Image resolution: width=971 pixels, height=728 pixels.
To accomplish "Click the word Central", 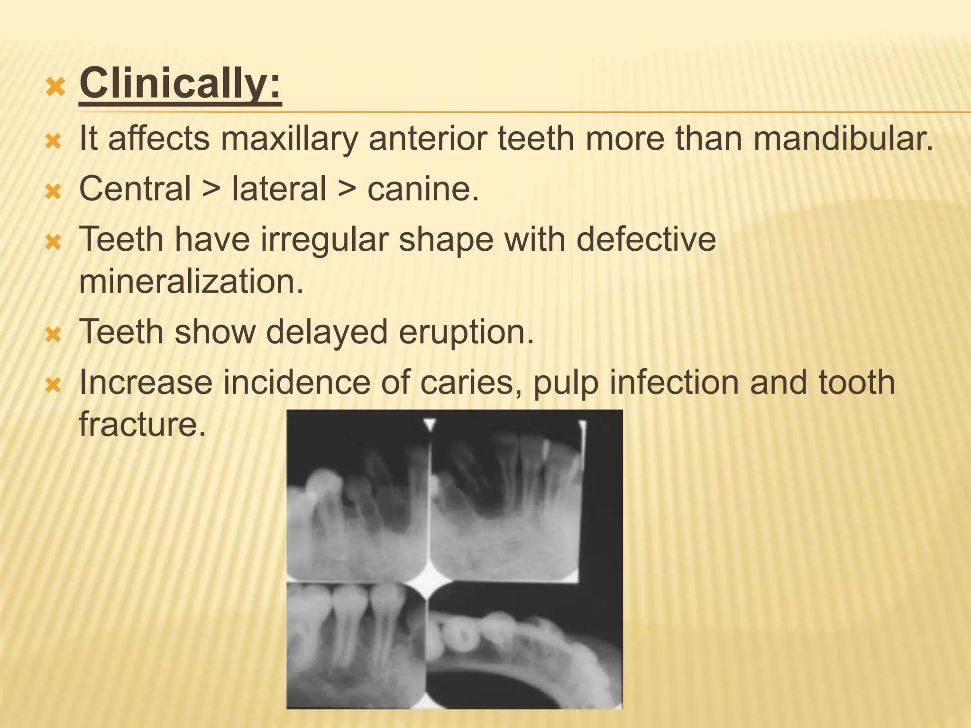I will [135, 189].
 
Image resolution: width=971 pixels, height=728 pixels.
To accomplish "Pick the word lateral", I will [279, 189].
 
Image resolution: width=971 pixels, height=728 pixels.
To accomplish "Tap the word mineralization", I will [191, 282].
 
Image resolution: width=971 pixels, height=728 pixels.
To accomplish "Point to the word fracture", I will [142, 424].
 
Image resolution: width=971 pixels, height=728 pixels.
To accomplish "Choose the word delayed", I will [327, 332].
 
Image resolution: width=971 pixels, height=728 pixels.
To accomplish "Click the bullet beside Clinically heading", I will [55, 87].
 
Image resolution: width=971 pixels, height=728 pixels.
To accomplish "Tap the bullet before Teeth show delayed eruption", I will [53, 336].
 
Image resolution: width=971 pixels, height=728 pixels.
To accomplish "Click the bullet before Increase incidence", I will [53, 386].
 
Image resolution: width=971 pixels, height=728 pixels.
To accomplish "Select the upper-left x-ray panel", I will [358, 502].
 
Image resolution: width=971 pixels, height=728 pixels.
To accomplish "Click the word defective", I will [646, 239].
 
